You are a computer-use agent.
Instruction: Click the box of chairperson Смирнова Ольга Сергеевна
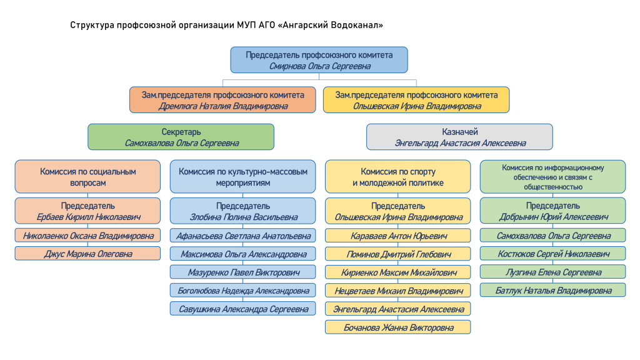point(319,60)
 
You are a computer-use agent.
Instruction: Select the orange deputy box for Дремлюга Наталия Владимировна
point(222,100)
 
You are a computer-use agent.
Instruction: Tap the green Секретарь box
point(181,137)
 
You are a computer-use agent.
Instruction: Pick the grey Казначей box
point(459,137)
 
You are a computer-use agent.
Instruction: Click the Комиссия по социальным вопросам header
point(87,177)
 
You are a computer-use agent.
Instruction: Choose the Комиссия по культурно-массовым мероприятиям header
point(243,177)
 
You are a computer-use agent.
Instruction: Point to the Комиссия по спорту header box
point(398,177)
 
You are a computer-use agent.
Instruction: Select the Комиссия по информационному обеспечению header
point(552,177)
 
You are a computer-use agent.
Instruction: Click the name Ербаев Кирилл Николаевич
point(88,217)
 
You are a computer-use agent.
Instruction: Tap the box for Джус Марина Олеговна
point(87,254)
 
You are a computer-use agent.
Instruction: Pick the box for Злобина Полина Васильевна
point(243,211)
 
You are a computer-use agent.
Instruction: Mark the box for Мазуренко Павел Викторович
point(243,272)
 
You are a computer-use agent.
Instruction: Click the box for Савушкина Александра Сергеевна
point(243,309)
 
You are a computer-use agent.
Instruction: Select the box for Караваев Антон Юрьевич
point(398,236)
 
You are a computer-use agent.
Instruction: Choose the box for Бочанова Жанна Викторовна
point(398,327)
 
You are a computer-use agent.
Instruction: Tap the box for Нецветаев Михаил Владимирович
point(398,291)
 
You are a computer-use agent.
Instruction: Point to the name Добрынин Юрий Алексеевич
point(554,217)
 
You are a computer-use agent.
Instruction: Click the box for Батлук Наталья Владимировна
point(552,290)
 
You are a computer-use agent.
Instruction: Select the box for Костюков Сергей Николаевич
point(552,254)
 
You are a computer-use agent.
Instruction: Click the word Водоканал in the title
point(357,25)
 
